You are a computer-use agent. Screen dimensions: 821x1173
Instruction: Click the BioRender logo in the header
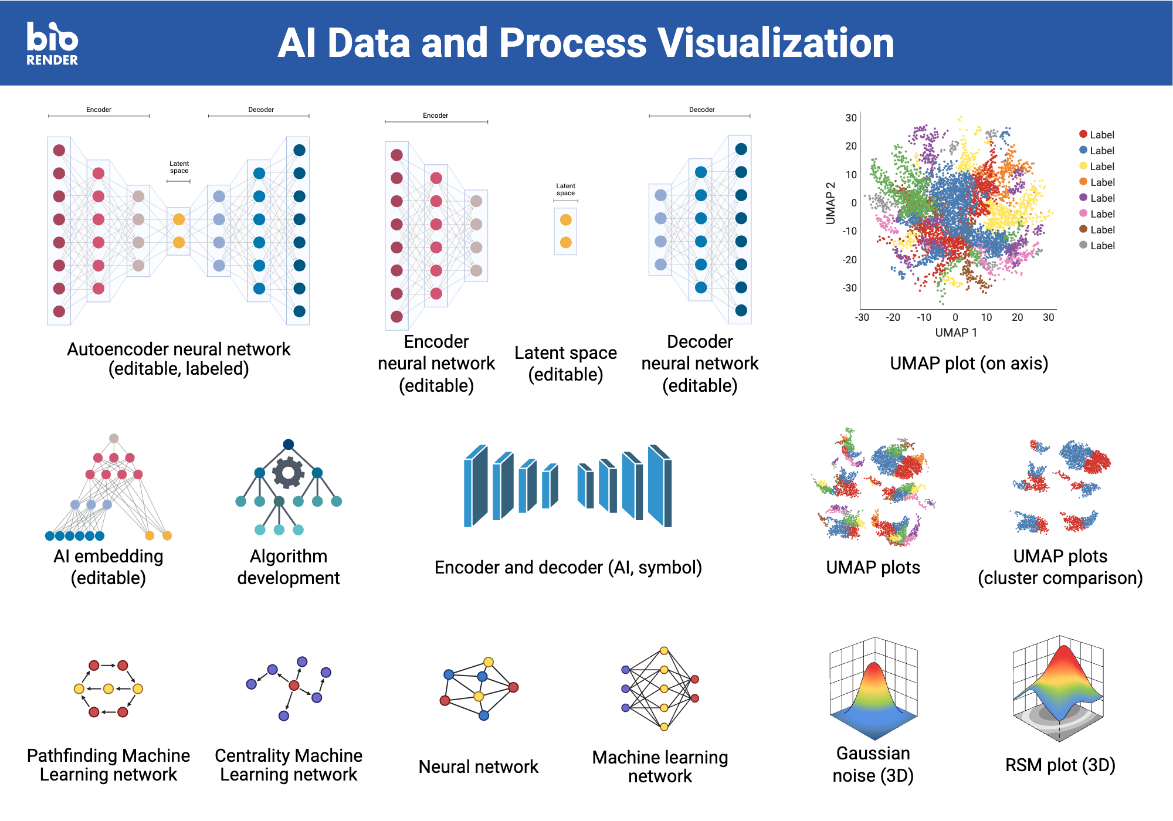52,43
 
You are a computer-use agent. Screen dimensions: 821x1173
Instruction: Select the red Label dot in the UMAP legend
1083,134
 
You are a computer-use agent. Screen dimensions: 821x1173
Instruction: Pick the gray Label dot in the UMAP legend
1083,245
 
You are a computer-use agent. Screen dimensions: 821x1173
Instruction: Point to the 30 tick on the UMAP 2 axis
850,118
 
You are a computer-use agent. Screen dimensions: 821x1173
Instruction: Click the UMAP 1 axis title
956,333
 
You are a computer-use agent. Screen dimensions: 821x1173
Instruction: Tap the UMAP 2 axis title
830,203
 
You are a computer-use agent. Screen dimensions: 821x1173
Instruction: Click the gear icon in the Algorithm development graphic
288,473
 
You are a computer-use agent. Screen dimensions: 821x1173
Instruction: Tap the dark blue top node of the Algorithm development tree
288,445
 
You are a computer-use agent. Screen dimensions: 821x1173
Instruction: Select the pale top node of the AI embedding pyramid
114,439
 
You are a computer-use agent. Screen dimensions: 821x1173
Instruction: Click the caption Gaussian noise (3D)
873,764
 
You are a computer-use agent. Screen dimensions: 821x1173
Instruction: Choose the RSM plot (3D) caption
1060,765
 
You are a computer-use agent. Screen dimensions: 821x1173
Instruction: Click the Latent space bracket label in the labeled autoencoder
179,167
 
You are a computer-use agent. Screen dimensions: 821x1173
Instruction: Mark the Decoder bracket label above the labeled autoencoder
261,110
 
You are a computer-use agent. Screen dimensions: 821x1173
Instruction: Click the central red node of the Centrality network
294,685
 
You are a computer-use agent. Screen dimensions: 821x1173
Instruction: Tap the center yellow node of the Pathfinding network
109,688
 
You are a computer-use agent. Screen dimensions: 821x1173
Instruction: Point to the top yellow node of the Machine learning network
664,651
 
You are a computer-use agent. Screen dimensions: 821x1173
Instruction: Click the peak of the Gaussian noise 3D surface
874,666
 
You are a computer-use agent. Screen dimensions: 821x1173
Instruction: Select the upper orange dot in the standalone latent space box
565,220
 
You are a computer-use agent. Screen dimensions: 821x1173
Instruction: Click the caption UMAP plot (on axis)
968,363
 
